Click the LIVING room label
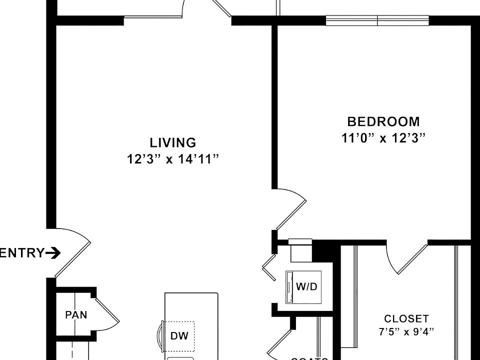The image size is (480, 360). pyautogui.click(x=173, y=143)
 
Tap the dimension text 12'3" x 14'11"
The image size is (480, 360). pyautogui.click(x=173, y=159)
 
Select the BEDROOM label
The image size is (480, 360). pyautogui.click(x=383, y=121)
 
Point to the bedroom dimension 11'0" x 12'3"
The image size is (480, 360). pyautogui.click(x=383, y=138)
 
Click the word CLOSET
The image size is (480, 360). pyautogui.click(x=406, y=318)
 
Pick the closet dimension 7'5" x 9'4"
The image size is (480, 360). pyautogui.click(x=406, y=331)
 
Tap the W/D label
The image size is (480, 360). pyautogui.click(x=306, y=287)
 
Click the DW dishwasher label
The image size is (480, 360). pyautogui.click(x=179, y=336)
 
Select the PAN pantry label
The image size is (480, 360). pyautogui.click(x=76, y=315)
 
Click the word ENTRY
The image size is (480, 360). pyautogui.click(x=22, y=253)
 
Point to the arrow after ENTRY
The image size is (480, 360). pyautogui.click(x=53, y=253)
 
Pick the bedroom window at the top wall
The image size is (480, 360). pyautogui.click(x=377, y=20)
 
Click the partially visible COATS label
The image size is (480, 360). pyautogui.click(x=309, y=358)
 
